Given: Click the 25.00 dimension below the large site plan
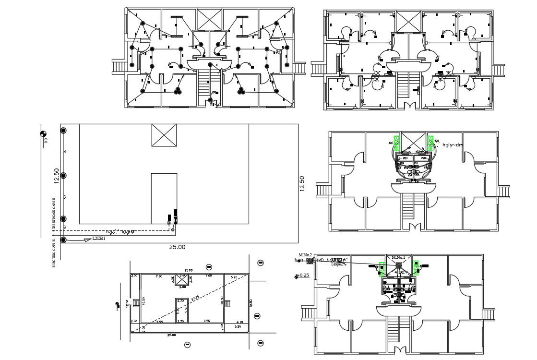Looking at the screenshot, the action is (177, 247).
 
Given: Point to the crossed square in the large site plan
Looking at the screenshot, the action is (164, 135).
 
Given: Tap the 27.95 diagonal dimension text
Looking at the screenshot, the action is (195, 299).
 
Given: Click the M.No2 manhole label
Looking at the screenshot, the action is (305, 255).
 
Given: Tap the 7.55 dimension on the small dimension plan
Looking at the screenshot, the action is (206, 321).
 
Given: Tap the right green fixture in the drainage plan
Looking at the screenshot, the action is (416, 268).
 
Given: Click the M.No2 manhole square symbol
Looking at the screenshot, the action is (310, 260).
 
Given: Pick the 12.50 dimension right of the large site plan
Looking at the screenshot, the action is (302, 184).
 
